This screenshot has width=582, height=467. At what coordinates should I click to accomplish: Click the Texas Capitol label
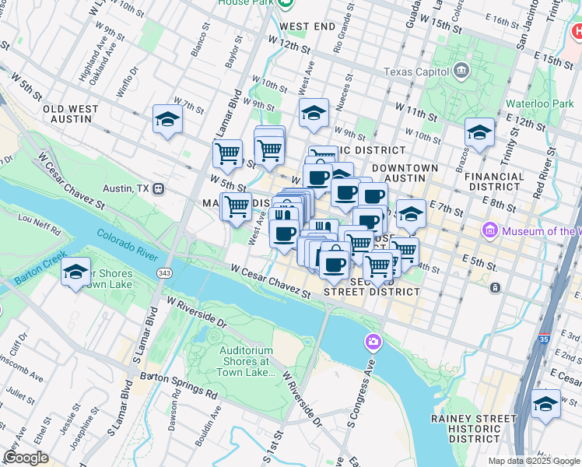[x=417, y=72]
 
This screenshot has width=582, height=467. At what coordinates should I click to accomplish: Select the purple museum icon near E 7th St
[x=490, y=230]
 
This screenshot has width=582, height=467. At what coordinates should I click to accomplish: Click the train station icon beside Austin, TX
[x=159, y=188]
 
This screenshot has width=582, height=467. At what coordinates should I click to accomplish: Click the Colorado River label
[x=126, y=240]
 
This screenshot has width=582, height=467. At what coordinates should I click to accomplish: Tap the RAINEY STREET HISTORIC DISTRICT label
[x=472, y=429]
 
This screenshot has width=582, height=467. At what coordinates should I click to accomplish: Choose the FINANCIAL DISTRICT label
[x=505, y=181]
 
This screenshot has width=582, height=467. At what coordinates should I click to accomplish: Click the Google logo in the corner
[x=26, y=458]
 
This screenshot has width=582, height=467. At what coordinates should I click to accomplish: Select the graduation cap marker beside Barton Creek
[x=75, y=272]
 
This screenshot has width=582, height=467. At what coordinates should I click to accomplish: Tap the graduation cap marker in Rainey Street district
[x=545, y=404]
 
